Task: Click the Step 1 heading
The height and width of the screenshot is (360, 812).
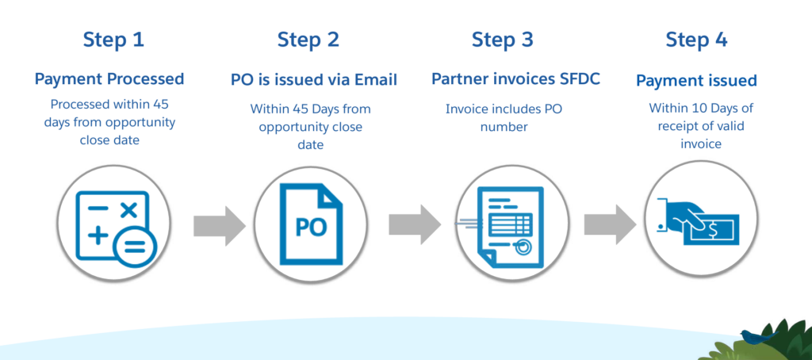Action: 113,40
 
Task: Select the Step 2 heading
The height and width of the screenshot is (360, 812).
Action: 308,40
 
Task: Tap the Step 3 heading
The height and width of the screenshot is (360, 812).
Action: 502,40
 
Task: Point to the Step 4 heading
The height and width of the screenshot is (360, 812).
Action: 696,40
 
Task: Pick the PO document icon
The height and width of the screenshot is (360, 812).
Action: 311,224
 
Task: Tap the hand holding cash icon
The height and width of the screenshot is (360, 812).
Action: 698,222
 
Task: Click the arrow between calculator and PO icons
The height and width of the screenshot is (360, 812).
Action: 219,225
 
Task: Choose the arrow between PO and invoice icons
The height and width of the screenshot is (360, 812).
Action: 414,225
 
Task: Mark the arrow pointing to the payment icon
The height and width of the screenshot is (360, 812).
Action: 610,225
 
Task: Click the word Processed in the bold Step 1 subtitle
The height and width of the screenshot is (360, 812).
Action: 146,79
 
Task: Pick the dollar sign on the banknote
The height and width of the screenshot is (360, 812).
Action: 713,228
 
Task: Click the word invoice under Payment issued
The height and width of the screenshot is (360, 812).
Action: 701,144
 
